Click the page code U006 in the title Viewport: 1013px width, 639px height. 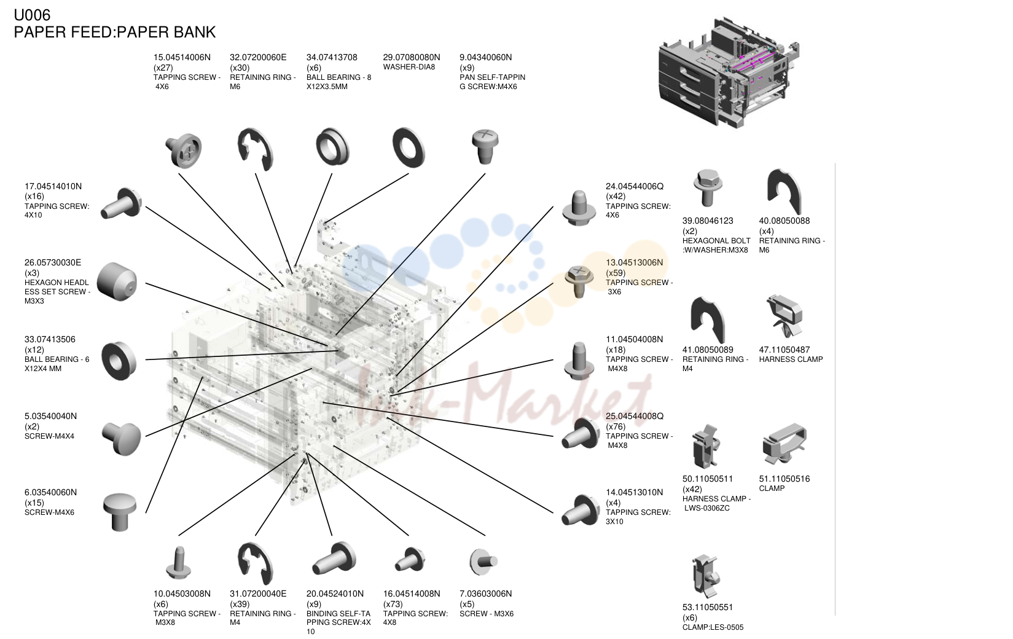[32, 15]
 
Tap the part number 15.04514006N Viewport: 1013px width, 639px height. [182, 57]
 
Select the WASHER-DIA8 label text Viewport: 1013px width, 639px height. [409, 68]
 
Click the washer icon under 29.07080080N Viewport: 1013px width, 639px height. [409, 147]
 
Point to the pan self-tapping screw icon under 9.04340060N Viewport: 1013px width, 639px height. [485, 146]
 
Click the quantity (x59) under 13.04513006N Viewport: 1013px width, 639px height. [616, 273]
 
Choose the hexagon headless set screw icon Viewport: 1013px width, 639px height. [117, 281]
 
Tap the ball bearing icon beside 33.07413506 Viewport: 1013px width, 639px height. [119, 361]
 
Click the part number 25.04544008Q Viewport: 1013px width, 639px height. [635, 416]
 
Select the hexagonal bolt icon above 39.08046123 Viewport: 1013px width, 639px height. [708, 187]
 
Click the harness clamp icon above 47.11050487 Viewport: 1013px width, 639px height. [784, 316]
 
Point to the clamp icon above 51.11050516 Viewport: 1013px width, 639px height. [784, 444]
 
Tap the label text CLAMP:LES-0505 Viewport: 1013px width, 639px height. [713, 627]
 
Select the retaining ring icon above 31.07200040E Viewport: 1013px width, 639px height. [255, 563]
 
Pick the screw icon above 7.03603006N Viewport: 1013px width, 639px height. [483, 562]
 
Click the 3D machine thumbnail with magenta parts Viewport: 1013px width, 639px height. [729, 73]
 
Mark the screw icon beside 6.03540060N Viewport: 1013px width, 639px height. [119, 511]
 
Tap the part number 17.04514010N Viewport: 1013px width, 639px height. [53, 186]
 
